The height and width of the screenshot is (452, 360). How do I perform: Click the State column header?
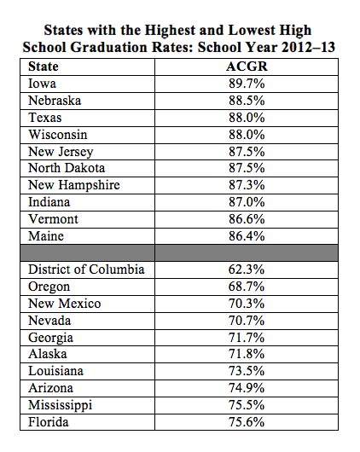(44, 67)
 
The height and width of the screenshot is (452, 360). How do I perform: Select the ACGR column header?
(247, 67)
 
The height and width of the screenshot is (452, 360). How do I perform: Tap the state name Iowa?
(42, 84)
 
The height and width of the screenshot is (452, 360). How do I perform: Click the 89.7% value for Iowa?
(247, 84)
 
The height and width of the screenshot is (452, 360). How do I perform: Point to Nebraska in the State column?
(55, 101)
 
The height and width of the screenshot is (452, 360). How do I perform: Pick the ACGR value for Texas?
(247, 118)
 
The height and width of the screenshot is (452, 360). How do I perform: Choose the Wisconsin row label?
(58, 135)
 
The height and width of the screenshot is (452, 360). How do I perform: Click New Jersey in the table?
(61, 152)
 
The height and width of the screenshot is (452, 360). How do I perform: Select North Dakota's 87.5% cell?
(247, 168)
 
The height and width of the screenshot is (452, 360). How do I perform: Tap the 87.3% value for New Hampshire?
(247, 185)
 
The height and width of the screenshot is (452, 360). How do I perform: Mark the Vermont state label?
(53, 219)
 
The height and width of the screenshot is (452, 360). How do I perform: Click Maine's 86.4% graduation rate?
(247, 236)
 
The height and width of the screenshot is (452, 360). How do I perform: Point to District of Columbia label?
(86, 269)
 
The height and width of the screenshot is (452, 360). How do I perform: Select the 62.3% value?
(247, 269)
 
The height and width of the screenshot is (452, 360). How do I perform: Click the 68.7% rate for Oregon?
(247, 287)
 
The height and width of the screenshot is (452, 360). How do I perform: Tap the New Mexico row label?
(65, 304)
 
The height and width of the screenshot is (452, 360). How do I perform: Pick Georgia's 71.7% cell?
(247, 338)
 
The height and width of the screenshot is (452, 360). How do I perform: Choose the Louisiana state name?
(55, 371)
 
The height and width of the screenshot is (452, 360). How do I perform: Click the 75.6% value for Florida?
(247, 422)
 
